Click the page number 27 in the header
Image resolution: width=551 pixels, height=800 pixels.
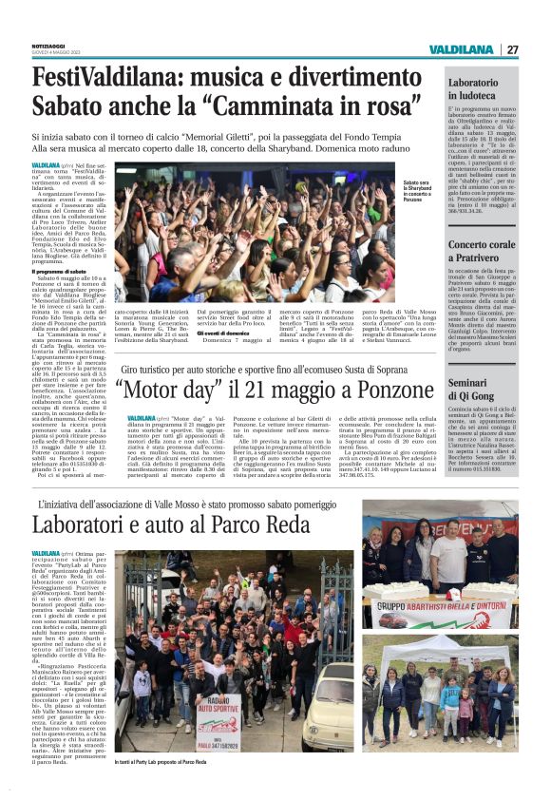[512, 49]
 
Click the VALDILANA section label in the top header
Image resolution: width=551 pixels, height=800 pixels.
[460, 49]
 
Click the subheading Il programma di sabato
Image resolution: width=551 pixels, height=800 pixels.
[59, 271]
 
